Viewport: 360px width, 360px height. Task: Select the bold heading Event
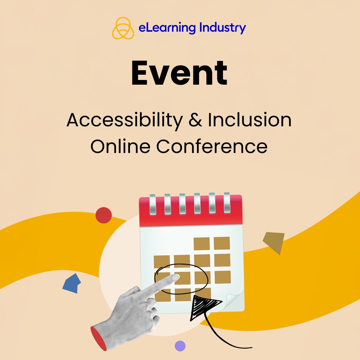[x=179, y=74]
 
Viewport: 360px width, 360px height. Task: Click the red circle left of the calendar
[x=103, y=215]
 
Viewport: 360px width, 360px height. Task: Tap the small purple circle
[x=180, y=346]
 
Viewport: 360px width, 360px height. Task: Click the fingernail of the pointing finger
[x=175, y=277]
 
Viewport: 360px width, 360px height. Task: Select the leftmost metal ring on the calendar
[x=152, y=202]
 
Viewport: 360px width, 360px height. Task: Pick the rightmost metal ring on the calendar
[x=227, y=202]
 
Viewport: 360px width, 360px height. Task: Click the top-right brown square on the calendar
[x=222, y=243]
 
